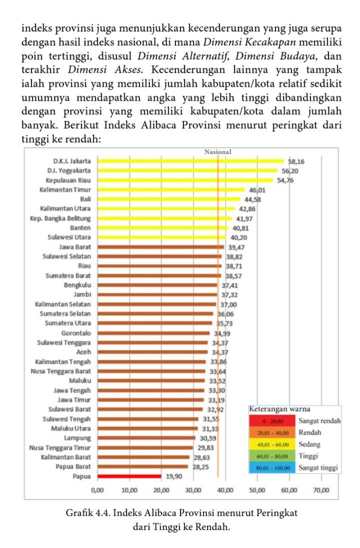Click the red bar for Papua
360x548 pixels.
129,476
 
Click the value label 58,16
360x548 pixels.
296,161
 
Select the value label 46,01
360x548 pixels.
257,190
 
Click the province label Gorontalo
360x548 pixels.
76,333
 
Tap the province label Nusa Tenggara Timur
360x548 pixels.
60,447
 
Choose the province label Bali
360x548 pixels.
85,199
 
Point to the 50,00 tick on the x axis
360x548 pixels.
258,490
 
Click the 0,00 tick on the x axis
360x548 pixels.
97,490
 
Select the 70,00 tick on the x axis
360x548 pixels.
321,490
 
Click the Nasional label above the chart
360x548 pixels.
217,152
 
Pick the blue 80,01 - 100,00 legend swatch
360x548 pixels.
273,468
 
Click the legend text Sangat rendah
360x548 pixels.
319,421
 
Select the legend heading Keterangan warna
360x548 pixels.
280,409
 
